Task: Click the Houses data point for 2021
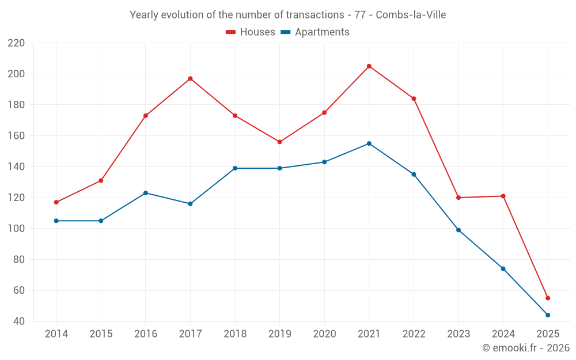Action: click(369, 66)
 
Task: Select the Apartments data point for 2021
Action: click(369, 143)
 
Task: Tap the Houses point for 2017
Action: click(190, 78)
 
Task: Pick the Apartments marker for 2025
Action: click(548, 315)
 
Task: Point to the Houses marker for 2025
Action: click(548, 298)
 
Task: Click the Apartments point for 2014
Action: click(56, 221)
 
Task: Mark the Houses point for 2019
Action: click(280, 142)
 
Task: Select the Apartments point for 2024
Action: click(503, 268)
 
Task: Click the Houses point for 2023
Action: click(458, 198)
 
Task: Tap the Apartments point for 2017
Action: click(190, 204)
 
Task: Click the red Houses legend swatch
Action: click(231, 32)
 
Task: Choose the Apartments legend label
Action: click(322, 32)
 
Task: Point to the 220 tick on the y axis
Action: click(16, 43)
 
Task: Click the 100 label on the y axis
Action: click(16, 229)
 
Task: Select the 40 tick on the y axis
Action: click(19, 321)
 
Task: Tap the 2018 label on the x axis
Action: click(235, 334)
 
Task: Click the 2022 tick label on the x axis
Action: click(414, 334)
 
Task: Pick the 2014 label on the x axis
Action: click(56, 334)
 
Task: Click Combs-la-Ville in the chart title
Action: click(411, 14)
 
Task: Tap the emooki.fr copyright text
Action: click(526, 348)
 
